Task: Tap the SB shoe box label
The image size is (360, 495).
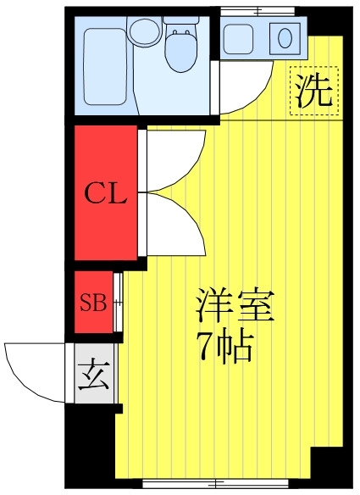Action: (93, 302)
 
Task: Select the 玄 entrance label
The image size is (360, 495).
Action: (94, 374)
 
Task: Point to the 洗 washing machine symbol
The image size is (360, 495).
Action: (314, 91)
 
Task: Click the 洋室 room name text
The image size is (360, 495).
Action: (235, 304)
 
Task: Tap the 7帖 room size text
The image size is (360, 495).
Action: (224, 348)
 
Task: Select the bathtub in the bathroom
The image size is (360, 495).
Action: (105, 67)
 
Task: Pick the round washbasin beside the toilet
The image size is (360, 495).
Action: (144, 31)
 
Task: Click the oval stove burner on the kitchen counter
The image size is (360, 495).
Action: (285, 38)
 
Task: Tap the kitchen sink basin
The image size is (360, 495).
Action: (238, 38)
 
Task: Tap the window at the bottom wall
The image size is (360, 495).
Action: (215, 483)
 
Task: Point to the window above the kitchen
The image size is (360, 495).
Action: (258, 12)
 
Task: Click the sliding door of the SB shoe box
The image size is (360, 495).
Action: (118, 302)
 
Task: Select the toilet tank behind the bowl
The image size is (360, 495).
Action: (181, 19)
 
